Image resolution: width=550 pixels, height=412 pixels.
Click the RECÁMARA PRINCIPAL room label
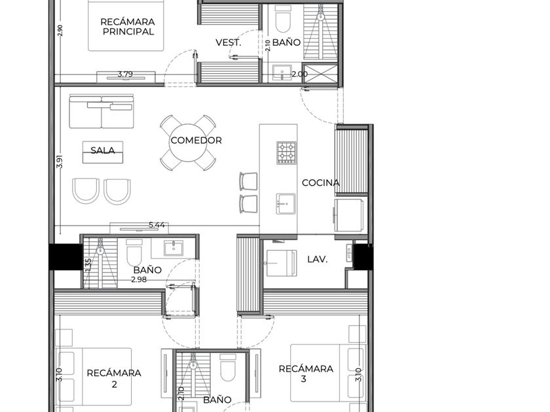(x=128, y=27)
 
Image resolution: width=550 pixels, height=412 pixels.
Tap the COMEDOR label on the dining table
(x=196, y=141)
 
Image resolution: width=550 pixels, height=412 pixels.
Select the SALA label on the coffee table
(x=103, y=150)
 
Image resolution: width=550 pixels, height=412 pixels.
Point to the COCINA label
(x=321, y=182)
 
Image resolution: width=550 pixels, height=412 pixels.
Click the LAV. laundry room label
(x=318, y=259)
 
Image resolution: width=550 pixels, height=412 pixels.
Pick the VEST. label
(x=229, y=43)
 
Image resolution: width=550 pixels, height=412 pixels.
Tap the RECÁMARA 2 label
(x=114, y=379)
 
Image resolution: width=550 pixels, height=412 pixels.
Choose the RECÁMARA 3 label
(x=306, y=373)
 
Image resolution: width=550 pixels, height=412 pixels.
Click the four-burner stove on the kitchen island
(x=286, y=153)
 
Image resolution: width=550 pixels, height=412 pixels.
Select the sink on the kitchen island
(x=285, y=203)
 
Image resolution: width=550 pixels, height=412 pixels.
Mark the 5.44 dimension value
(x=156, y=225)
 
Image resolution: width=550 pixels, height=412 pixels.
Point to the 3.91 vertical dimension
(x=60, y=162)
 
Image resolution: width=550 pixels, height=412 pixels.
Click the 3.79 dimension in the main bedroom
(x=125, y=75)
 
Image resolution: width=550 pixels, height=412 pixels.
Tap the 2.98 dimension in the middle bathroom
(x=139, y=280)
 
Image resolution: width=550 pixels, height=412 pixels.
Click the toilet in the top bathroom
(x=283, y=22)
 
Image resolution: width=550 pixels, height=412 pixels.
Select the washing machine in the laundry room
(x=282, y=263)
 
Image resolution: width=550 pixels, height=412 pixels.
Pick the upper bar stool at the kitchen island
(x=249, y=182)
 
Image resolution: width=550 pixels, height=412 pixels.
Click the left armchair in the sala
(x=86, y=190)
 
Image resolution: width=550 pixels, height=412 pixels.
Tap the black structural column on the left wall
(x=65, y=257)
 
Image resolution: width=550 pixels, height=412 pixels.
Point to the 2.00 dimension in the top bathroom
(x=300, y=75)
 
